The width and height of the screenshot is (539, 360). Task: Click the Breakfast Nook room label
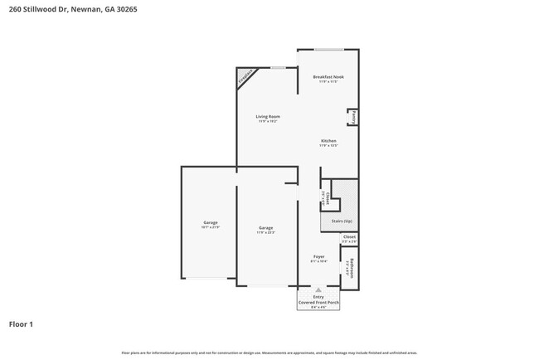328,77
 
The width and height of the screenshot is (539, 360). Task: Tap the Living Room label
267,117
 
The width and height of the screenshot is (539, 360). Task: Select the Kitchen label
328,141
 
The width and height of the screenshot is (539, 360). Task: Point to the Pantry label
354,116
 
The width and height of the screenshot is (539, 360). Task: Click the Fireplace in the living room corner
245,77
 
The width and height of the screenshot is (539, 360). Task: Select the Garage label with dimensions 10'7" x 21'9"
210,222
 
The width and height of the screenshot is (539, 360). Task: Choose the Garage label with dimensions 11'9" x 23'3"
265,227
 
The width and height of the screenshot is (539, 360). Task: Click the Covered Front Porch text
318,303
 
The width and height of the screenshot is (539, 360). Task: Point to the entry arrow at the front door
318,289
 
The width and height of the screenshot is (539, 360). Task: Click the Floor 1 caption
21,324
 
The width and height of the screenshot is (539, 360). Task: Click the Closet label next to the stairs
328,198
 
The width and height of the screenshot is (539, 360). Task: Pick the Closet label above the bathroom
349,237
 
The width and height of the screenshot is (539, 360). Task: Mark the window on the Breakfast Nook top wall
328,49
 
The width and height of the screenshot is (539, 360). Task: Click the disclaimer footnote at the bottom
269,353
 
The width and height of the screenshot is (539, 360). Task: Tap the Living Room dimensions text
267,122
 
